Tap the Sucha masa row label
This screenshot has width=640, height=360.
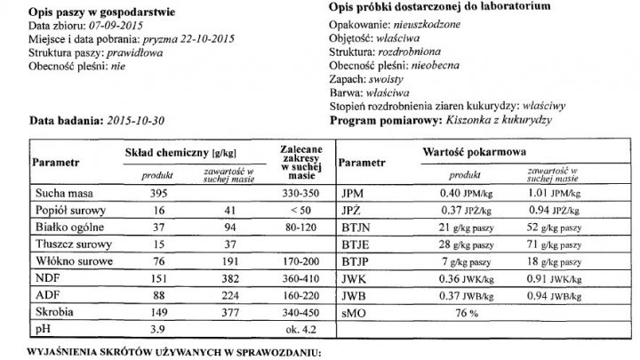coord(63,193)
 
